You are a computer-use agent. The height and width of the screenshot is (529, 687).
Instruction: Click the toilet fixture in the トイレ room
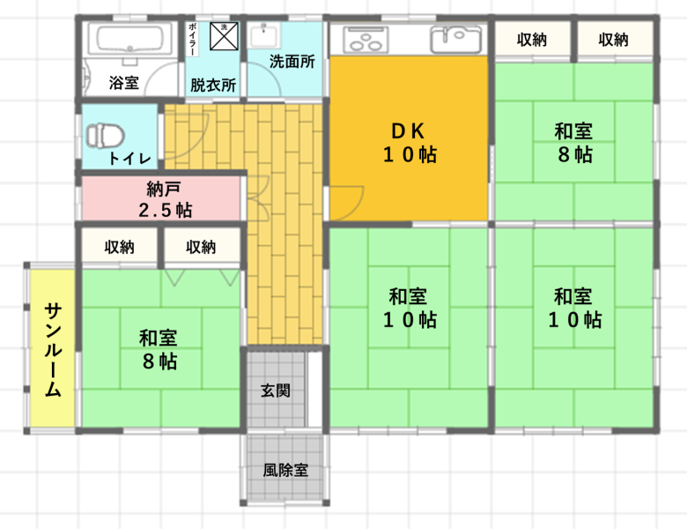coord(105,136)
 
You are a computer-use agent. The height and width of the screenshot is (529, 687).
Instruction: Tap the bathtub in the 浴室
coord(129,40)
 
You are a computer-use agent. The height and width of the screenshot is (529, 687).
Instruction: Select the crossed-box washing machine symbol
coord(224,36)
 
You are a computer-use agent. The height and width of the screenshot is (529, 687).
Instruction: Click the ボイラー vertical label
coord(192,40)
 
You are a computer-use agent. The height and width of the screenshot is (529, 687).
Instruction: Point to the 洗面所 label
coord(292,62)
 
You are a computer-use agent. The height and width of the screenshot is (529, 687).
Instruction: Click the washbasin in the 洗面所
coord(264,36)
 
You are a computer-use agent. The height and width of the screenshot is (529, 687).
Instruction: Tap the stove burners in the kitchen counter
coord(366,40)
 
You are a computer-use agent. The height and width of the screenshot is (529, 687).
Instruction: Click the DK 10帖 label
coord(410,143)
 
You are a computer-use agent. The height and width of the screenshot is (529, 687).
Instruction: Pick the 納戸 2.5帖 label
coord(166,199)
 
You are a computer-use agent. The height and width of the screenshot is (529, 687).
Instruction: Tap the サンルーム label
coord(54,350)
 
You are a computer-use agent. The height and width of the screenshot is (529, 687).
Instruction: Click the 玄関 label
coord(276,391)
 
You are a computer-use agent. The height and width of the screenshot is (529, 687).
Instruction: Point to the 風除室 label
coord(285,470)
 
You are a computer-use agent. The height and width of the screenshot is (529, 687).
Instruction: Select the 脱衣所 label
coord(213,85)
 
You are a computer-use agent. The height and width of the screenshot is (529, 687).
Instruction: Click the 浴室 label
coord(124,83)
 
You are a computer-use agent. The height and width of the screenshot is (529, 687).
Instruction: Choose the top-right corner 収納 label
coord(613,40)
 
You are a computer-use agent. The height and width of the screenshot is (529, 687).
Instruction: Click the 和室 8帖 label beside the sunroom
coord(159,350)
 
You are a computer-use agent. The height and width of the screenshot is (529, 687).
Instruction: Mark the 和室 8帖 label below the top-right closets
coord(574,143)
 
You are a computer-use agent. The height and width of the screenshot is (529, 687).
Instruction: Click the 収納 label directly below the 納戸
coord(119,247)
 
